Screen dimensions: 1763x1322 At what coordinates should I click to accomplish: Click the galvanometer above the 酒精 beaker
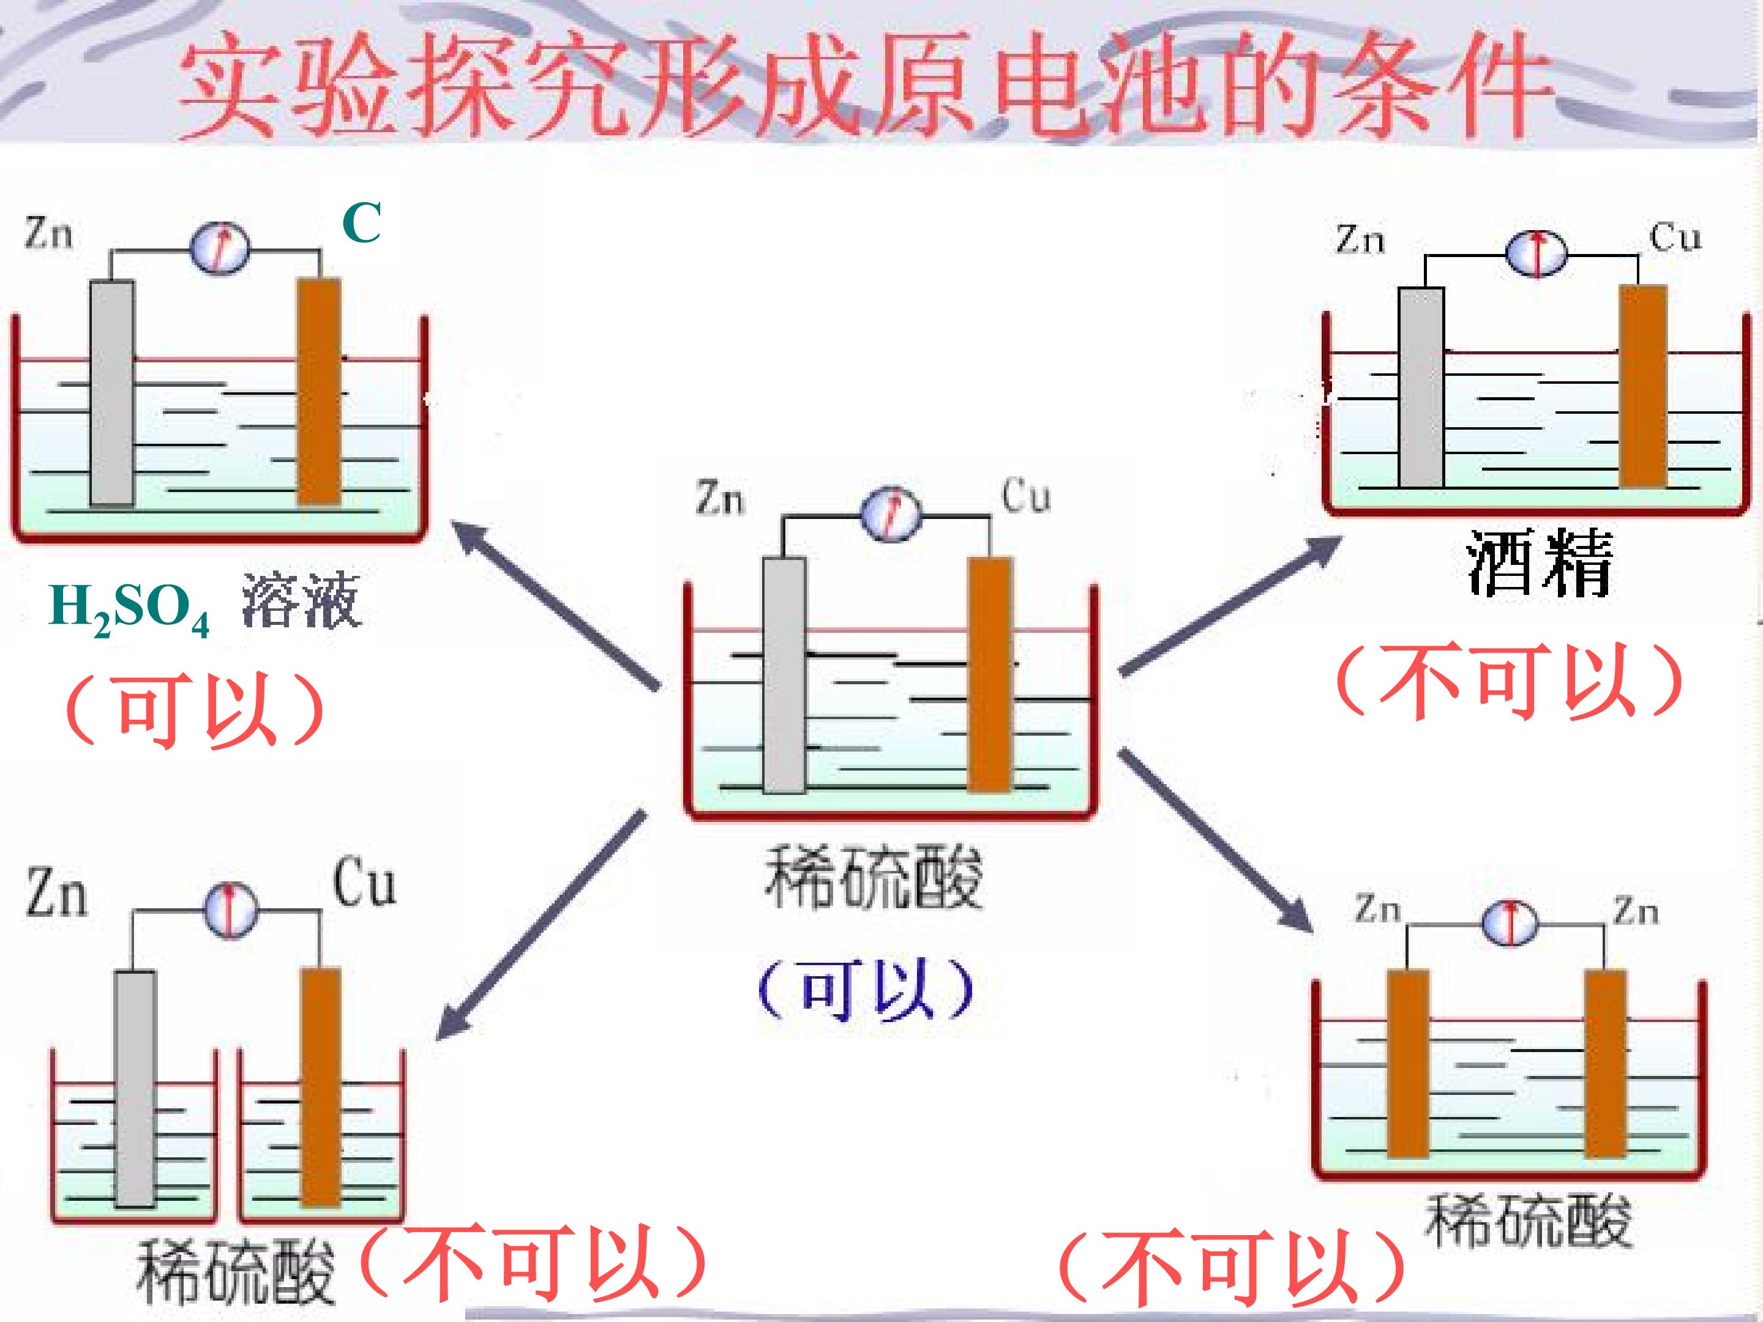point(1536,253)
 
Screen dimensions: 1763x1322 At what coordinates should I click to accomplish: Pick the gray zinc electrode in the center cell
point(784,675)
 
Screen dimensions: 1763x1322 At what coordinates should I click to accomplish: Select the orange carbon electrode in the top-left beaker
point(320,390)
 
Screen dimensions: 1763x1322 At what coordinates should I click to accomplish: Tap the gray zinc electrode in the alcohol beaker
point(1421,387)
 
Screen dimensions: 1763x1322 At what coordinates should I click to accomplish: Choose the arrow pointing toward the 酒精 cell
point(1232,606)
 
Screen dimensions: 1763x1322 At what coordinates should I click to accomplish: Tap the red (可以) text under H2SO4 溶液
point(195,708)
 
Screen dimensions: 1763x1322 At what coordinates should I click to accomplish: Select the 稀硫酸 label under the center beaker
point(874,877)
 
